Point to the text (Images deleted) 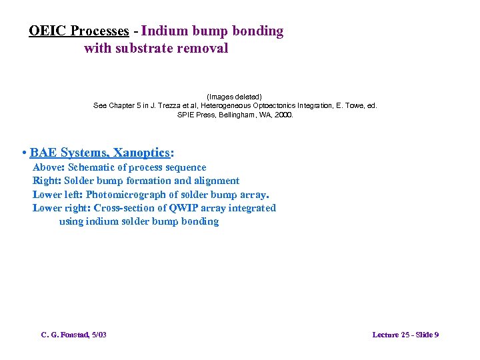click(239, 97)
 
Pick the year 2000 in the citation click(283, 115)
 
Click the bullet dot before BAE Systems click(24, 153)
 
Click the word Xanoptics click(145, 153)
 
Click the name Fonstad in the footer click(71, 335)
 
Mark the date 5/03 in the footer click(97, 335)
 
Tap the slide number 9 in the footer click(436, 335)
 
